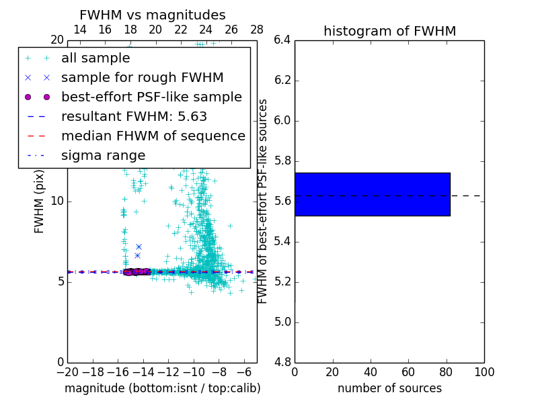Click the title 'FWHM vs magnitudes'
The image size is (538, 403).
tap(153, 15)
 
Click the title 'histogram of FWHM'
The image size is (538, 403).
tap(389, 31)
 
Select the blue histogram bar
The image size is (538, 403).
tap(372, 194)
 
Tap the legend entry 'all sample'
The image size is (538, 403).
tap(95, 58)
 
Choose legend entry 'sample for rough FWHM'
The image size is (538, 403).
tap(142, 77)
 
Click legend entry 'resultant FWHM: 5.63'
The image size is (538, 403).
tap(134, 116)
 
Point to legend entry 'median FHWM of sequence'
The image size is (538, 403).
tap(153, 136)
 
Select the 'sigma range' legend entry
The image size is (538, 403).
tap(103, 155)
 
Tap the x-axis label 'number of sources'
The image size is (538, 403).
tap(389, 388)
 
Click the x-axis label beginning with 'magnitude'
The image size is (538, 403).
tap(162, 388)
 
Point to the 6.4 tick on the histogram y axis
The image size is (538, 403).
tap(282, 40)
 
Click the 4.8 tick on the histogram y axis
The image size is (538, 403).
tap(282, 362)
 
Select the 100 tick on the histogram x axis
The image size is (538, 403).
tap(484, 372)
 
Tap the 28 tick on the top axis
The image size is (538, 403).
tap(257, 30)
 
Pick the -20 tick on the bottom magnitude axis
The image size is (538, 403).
tap(67, 372)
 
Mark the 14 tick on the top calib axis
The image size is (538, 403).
tap(79, 30)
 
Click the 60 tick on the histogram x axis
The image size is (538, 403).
tap(408, 372)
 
